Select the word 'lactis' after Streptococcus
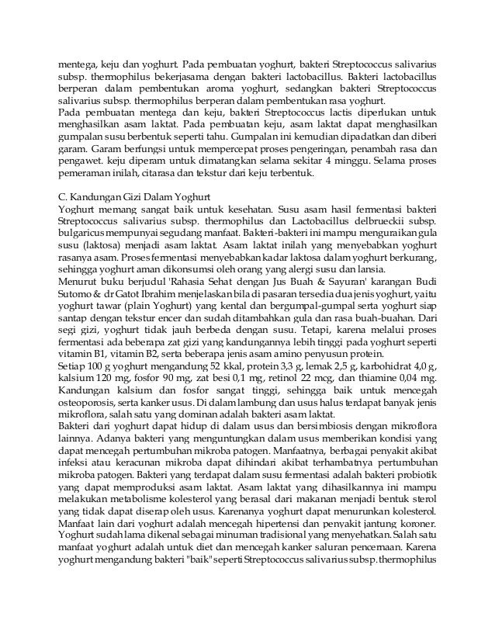[x=310, y=113]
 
